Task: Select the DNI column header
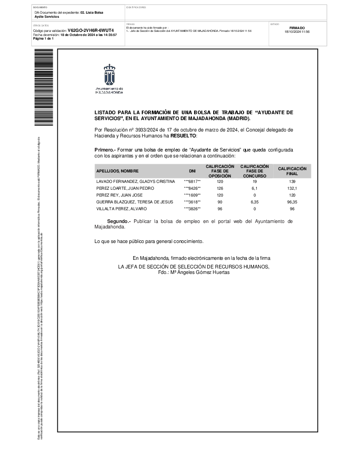pyautogui.click(x=192, y=171)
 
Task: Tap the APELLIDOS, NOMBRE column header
pyautogui.click(x=117, y=171)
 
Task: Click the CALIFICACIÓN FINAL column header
pyautogui.click(x=292, y=171)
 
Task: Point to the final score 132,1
pyautogui.click(x=292, y=188)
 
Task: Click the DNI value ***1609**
pyautogui.click(x=192, y=195)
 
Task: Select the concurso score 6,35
pyautogui.click(x=255, y=202)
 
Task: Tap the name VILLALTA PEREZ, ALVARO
pyautogui.click(x=121, y=209)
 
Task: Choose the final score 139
pyautogui.click(x=292, y=182)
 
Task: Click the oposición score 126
pyautogui.click(x=220, y=188)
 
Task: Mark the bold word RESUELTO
pyautogui.click(x=183, y=136)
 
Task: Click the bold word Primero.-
pyautogui.click(x=105, y=150)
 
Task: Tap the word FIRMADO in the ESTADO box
pyautogui.click(x=297, y=28)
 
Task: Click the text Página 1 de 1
pyautogui.click(x=44, y=38)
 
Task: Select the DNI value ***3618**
pyautogui.click(x=192, y=202)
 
